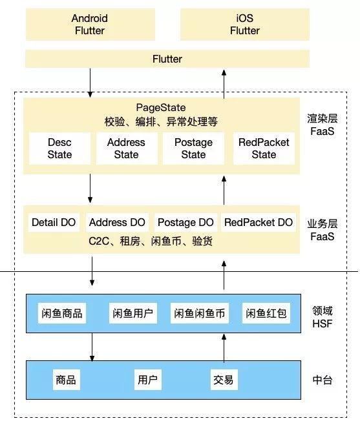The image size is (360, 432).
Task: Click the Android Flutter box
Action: click(90, 24)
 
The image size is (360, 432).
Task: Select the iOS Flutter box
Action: click(244, 24)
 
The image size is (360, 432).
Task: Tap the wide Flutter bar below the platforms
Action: click(167, 59)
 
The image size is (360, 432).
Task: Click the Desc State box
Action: click(59, 149)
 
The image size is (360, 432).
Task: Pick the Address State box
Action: click(126, 149)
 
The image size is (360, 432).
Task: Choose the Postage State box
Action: click(193, 149)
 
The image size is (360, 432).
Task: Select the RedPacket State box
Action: click(264, 149)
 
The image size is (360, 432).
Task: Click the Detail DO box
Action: click(54, 223)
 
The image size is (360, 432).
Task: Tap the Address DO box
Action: click(118, 223)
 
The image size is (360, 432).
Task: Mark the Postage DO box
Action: click(185, 223)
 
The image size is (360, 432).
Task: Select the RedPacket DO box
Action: click(259, 223)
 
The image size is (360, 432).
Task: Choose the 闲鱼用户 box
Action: click(132, 314)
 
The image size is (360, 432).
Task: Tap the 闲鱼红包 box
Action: click(266, 314)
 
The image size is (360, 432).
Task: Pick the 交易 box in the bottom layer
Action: click(222, 380)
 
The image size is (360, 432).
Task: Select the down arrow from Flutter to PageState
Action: click(90, 81)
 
